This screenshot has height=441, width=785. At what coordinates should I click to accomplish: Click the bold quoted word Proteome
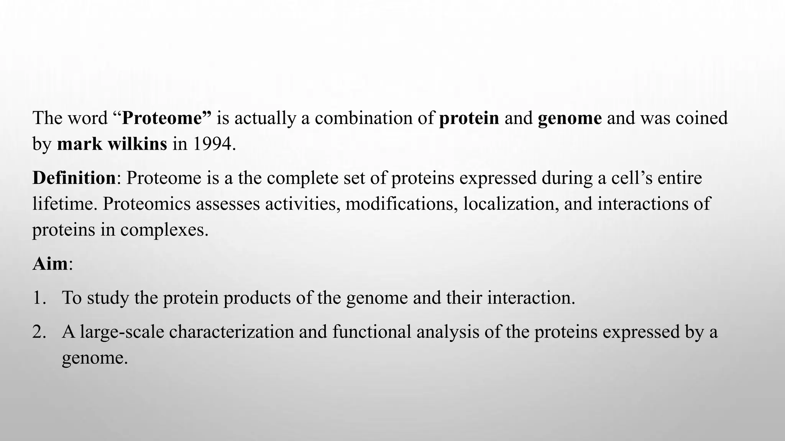point(163,118)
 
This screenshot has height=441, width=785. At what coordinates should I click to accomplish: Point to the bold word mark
point(79,144)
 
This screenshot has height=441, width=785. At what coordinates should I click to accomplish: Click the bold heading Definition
point(74,178)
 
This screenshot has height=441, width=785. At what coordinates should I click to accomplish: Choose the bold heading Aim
point(50,264)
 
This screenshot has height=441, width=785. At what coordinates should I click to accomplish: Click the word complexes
point(164,230)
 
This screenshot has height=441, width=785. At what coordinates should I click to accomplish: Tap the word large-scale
point(122,332)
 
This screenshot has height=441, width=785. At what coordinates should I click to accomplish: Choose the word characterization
point(231,332)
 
